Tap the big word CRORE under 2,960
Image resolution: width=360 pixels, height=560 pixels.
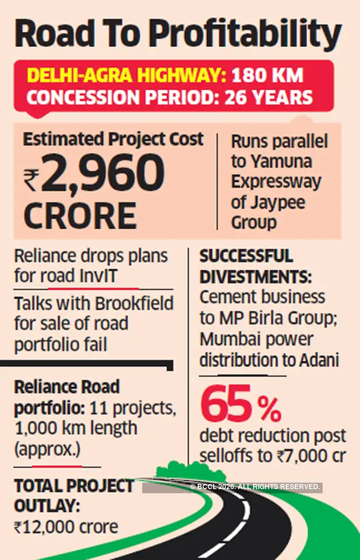click(80, 217)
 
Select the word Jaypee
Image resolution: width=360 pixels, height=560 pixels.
click(284, 203)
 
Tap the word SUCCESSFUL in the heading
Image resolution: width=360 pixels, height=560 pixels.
click(246, 257)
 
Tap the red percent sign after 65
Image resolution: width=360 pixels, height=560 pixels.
click(268, 408)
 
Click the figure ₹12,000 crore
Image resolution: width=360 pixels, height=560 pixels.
click(66, 527)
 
